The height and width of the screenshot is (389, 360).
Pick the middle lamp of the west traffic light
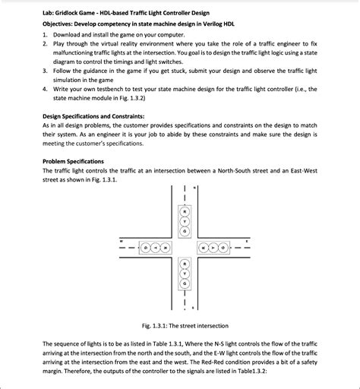[x=155, y=248]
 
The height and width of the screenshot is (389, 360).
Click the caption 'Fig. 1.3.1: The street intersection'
[x=179, y=327]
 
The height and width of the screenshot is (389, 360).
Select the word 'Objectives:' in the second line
[x=61, y=24]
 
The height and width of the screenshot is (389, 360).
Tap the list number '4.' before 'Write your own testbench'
[x=46, y=88]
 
